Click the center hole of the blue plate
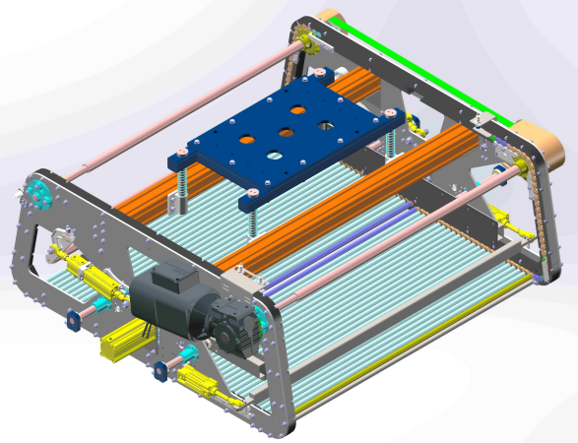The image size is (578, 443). [286, 132]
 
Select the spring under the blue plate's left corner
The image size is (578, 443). [182, 183]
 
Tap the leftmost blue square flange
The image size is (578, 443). [74, 321]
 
